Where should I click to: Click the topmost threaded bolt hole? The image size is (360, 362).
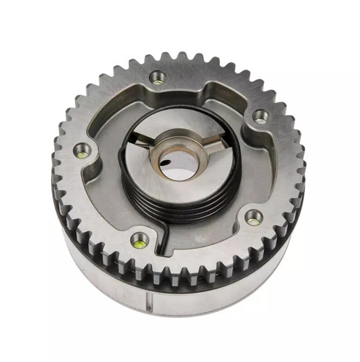[x=158, y=77]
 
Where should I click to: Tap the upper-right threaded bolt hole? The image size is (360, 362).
[x=260, y=116]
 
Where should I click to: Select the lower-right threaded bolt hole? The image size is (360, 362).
[x=254, y=217]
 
